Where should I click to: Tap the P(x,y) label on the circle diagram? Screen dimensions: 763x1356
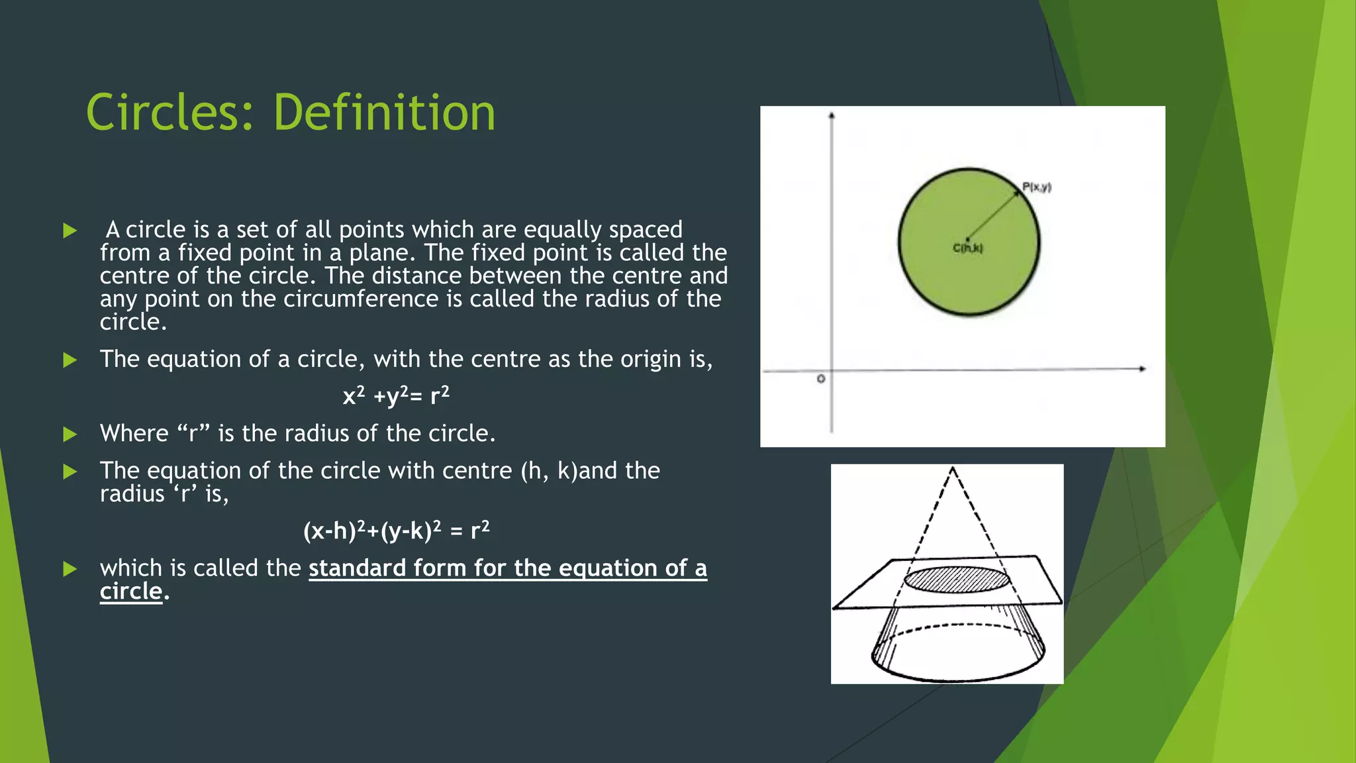click(1036, 187)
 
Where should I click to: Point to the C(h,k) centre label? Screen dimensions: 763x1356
click(967, 248)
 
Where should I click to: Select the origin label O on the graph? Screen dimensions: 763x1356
click(821, 379)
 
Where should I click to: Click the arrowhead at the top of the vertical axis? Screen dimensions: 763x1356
click(832, 117)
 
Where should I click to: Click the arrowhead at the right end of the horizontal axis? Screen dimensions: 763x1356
click(1142, 369)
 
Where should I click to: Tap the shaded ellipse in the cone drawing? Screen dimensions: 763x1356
click(957, 580)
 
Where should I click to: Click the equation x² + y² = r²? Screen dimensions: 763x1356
click(396, 396)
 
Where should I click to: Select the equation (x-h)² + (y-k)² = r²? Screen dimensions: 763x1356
click(396, 531)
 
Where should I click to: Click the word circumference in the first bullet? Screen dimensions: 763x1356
click(361, 299)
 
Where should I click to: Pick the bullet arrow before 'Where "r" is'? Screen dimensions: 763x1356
click(70, 434)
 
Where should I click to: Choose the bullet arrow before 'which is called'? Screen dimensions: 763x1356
click(70, 569)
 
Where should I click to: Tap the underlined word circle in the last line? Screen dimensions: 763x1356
click(130, 591)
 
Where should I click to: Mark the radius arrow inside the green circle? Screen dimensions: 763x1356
click(994, 215)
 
